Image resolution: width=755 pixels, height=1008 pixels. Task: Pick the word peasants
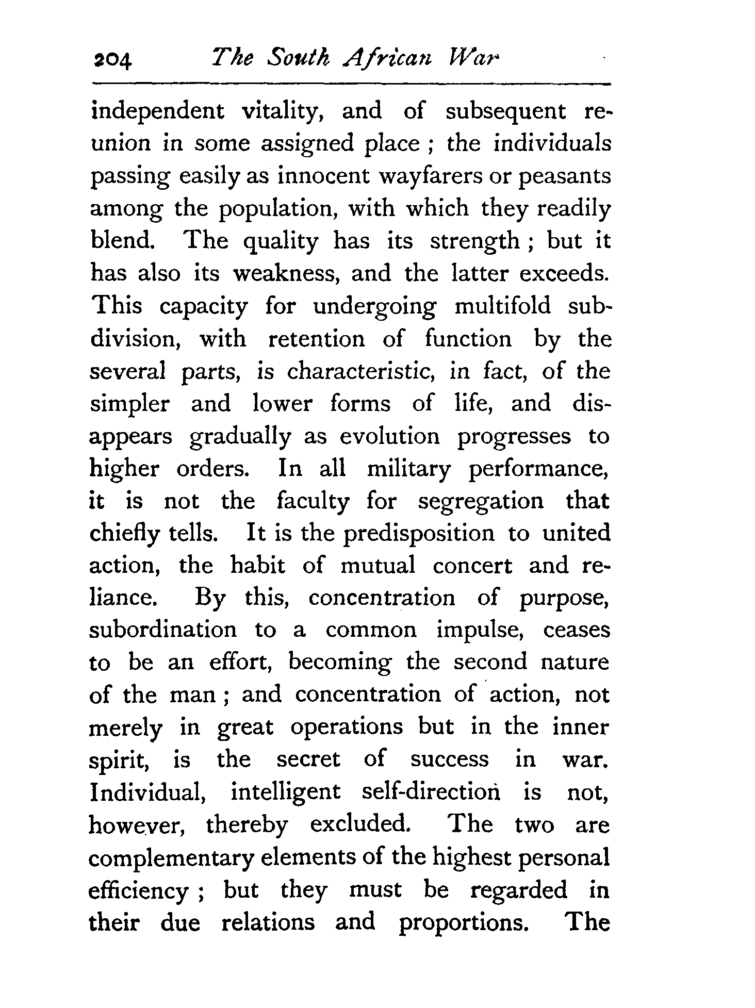pyautogui.click(x=564, y=176)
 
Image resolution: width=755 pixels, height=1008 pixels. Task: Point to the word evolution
pyautogui.click(x=389, y=436)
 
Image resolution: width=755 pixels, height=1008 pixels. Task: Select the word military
pyautogui.click(x=408, y=469)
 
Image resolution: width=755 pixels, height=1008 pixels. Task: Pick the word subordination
pyautogui.click(x=163, y=630)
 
